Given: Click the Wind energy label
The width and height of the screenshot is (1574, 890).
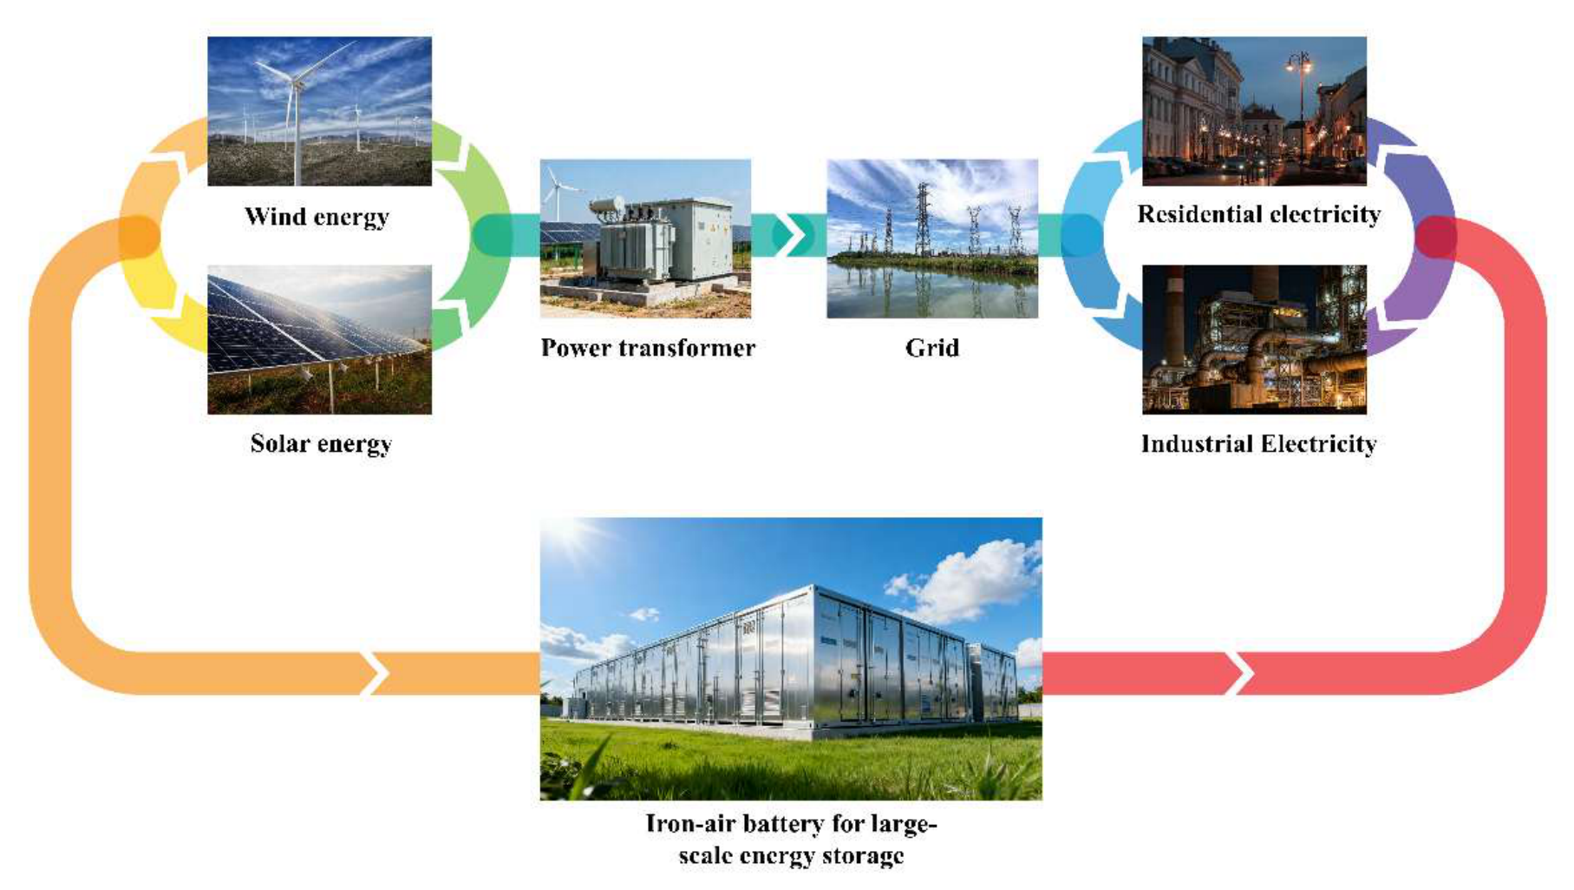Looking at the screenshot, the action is [317, 217].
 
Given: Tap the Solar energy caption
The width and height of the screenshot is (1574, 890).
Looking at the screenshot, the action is [321, 444].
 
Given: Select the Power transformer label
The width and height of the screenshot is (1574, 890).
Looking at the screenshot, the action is [648, 348].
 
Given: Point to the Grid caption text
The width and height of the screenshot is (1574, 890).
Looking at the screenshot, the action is [932, 348].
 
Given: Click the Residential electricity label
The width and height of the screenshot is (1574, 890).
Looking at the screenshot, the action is [1259, 214].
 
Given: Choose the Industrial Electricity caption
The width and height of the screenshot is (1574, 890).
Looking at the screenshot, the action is [1258, 444].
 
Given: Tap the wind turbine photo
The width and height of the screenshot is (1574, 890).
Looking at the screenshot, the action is [319, 111].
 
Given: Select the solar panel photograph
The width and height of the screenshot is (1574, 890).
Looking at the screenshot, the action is [319, 339].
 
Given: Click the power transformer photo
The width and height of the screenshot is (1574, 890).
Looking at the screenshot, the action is [645, 239].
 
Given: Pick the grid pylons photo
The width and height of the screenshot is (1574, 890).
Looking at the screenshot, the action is [932, 239].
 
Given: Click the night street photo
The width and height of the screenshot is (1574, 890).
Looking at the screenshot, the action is [1254, 111].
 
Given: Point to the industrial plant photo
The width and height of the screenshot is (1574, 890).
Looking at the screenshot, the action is [1254, 339].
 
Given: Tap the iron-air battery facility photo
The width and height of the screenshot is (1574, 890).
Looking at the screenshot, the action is [791, 658].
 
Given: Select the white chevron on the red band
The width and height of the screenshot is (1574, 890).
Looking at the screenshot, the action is [1241, 673].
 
